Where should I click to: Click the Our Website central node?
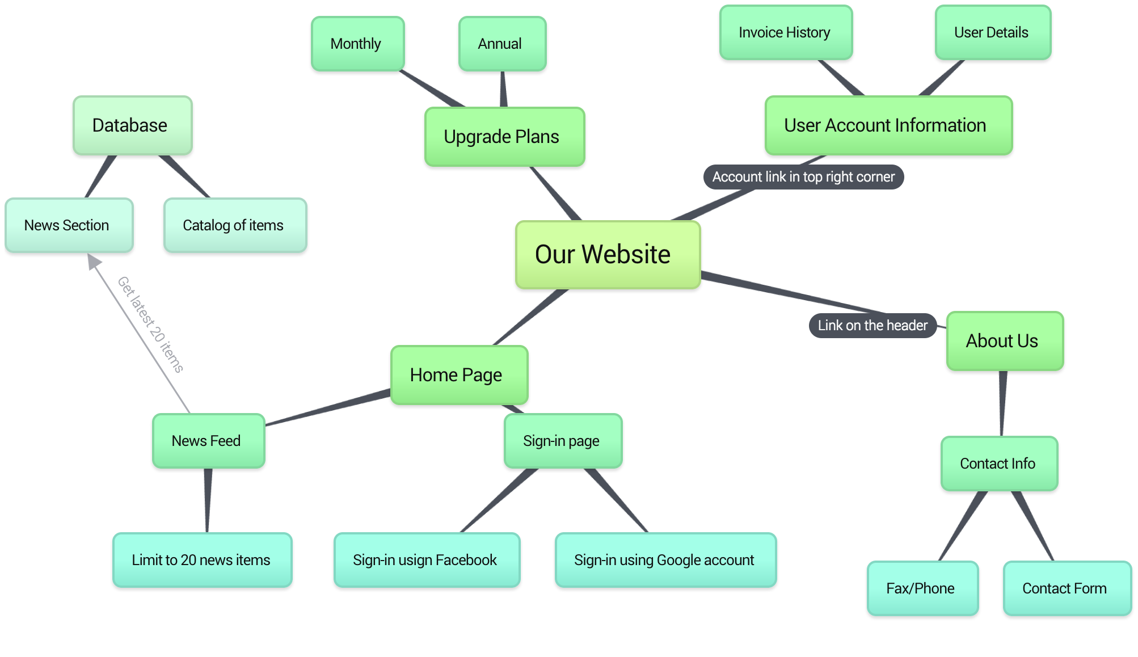(x=608, y=255)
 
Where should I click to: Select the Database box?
(x=132, y=125)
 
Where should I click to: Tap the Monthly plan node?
(x=357, y=44)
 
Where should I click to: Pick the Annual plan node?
(x=502, y=44)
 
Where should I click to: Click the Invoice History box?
(x=786, y=32)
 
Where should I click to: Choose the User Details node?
(x=993, y=32)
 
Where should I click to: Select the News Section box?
(x=69, y=225)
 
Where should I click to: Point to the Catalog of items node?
(x=235, y=225)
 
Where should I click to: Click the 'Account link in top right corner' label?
(x=803, y=177)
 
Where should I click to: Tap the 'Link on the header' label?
(x=873, y=326)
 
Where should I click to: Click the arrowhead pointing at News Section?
(x=93, y=261)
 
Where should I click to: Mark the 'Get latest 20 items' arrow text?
(x=150, y=325)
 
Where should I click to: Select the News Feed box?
(x=208, y=441)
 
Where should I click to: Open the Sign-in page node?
(x=563, y=441)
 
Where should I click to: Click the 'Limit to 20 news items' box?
(x=203, y=560)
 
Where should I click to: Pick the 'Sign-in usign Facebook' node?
(x=427, y=560)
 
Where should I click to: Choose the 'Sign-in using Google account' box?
(x=665, y=560)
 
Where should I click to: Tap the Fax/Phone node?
(x=922, y=588)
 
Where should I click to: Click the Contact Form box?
(x=1067, y=588)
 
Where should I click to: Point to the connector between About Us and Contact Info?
(x=1002, y=403)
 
